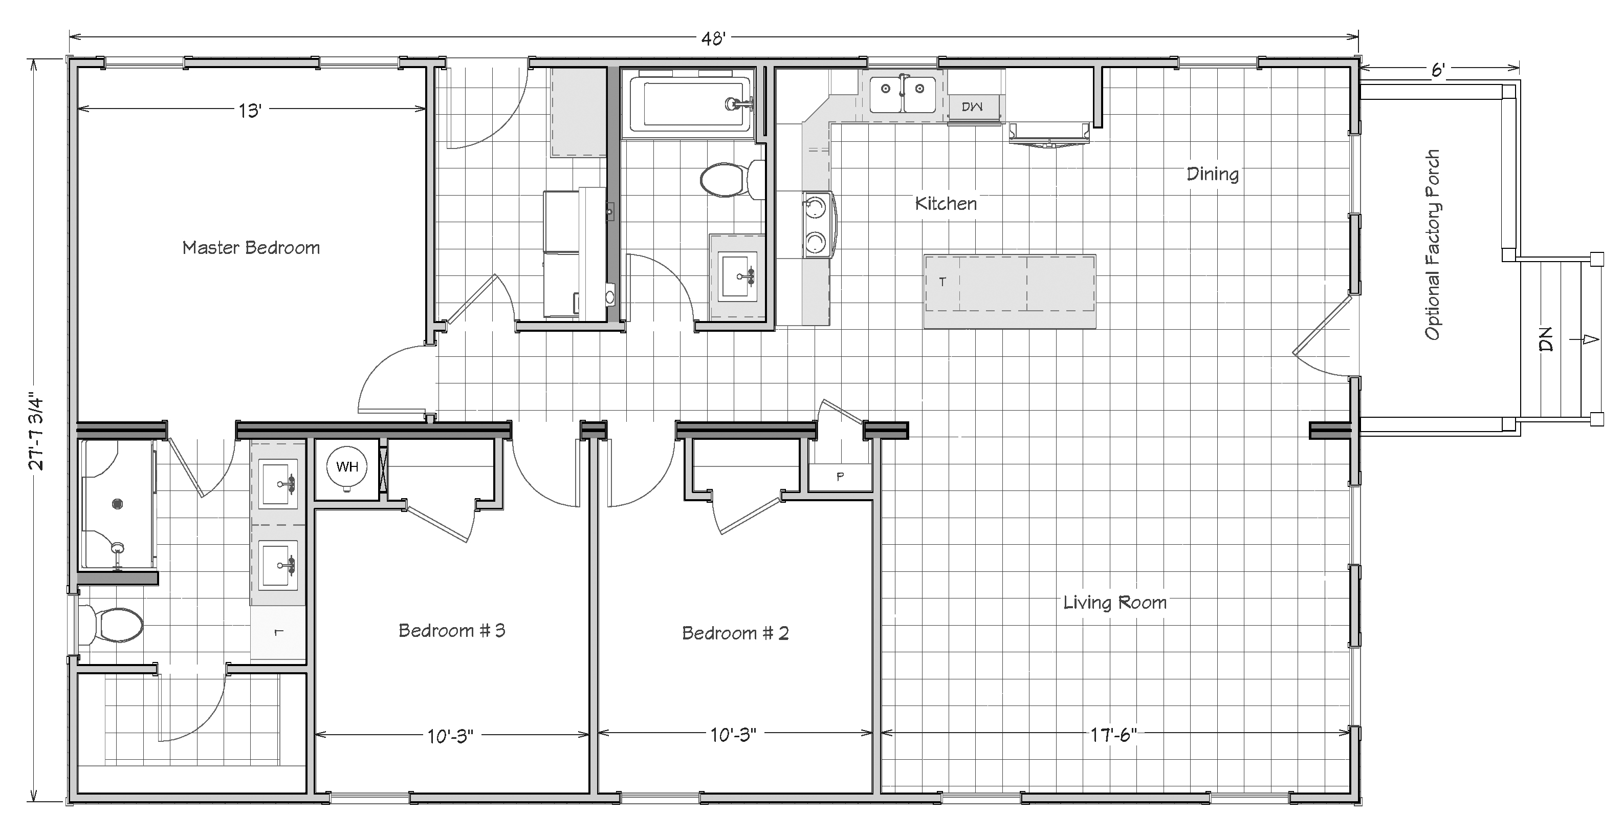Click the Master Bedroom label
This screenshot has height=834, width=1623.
[251, 248]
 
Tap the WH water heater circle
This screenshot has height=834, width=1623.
[346, 467]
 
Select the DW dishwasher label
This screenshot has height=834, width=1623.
[972, 107]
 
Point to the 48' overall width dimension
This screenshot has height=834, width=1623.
[714, 38]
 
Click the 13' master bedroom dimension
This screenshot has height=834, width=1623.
[250, 111]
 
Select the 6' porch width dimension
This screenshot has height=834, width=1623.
[1437, 70]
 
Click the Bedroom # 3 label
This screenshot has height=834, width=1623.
[452, 630]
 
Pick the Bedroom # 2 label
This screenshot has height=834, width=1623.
[735, 633]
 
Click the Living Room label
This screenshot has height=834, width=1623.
[1114, 603]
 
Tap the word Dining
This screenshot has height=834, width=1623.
[1212, 175]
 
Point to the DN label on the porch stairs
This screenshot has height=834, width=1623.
[1546, 339]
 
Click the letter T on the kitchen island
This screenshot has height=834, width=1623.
[942, 282]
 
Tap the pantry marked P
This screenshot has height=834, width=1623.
[840, 477]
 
